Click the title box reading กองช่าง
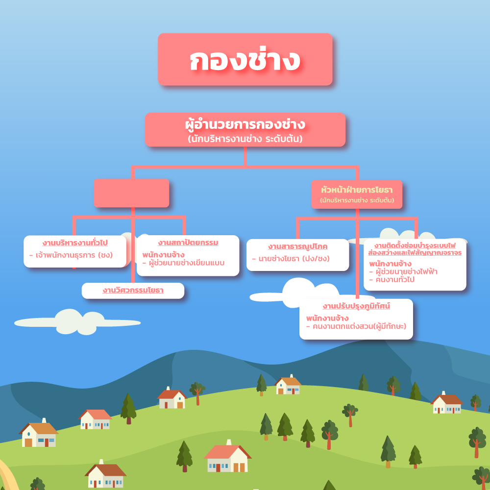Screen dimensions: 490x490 (x=245, y=60)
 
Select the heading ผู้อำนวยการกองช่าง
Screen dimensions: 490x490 (x=245, y=124)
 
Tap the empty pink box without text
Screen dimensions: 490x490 (x=131, y=193)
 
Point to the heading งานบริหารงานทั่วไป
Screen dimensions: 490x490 (x=75, y=243)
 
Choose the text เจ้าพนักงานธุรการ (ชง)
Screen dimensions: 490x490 (x=71, y=255)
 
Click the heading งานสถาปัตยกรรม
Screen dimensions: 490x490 (x=188, y=243)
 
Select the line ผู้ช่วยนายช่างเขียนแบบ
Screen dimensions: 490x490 (x=183, y=263)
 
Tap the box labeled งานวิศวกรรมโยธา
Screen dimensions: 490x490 (x=133, y=291)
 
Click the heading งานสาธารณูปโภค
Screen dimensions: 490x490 (x=298, y=246)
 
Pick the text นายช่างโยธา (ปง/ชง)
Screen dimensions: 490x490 (x=291, y=258)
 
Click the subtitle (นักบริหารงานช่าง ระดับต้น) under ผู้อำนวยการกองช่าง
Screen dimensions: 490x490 (x=245, y=139)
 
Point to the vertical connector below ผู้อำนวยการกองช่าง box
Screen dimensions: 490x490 (x=245, y=157)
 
